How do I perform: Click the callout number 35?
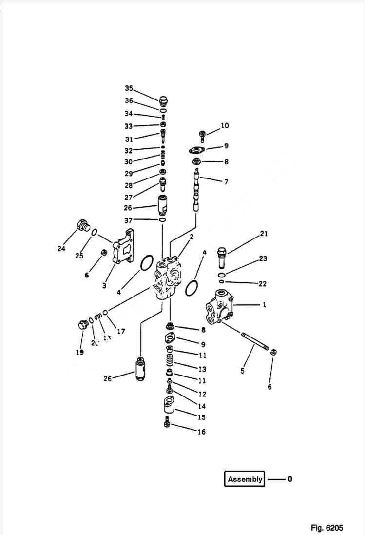[129, 88]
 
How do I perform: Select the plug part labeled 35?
[164, 100]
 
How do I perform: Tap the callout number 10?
[224, 126]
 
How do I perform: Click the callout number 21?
[264, 234]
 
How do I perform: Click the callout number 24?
[61, 249]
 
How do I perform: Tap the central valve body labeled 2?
[169, 278]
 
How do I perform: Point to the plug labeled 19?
[82, 325]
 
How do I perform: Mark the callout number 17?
[120, 331]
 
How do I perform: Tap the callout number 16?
[201, 432]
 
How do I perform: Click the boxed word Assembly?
[245, 479]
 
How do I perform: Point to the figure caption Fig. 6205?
[327, 528]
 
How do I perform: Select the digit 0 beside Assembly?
[290, 479]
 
